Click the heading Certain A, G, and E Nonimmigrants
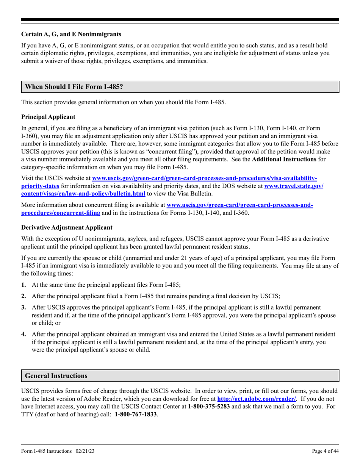point(71,34)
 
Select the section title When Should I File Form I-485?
point(74,87)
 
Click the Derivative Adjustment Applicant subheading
point(67,227)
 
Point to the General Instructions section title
point(56,376)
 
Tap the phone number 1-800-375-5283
point(209,407)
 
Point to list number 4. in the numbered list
point(24,334)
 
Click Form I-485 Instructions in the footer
point(47,451)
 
